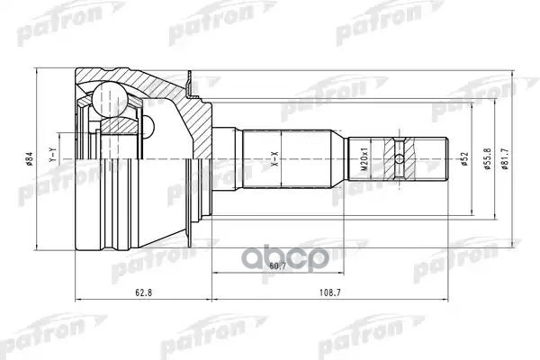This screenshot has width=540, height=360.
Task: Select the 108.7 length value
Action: pos(329,293)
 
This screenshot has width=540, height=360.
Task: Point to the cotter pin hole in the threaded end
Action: pos(399,160)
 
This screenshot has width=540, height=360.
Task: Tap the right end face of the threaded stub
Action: pos(448,160)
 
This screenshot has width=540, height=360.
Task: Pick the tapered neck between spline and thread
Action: pos(342,160)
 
